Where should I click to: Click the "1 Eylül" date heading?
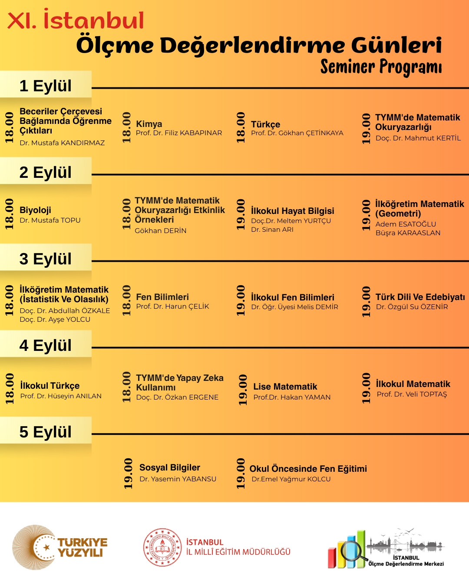click(x=46, y=86)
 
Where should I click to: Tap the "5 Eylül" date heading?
click(x=46, y=432)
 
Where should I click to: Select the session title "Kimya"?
click(x=149, y=124)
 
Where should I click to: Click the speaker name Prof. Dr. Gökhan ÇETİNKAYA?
click(x=297, y=133)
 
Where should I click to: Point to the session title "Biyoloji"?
click(x=35, y=210)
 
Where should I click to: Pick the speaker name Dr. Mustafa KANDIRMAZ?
click(x=62, y=143)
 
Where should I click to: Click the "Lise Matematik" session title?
click(x=285, y=387)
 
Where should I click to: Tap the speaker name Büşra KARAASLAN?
click(x=408, y=233)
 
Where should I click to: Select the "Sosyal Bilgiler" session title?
click(x=170, y=467)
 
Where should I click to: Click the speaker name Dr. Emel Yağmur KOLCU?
click(x=291, y=479)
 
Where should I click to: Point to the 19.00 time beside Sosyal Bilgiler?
click(x=128, y=473)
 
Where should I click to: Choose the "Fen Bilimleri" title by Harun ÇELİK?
click(x=162, y=297)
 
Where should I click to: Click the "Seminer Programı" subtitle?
click(x=381, y=67)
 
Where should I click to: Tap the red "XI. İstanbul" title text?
click(x=76, y=20)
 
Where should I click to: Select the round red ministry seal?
click(x=163, y=547)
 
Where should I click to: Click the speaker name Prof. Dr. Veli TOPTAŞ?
click(x=412, y=394)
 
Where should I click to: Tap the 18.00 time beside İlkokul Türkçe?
click(x=10, y=388)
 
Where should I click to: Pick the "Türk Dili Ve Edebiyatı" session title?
click(x=420, y=297)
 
